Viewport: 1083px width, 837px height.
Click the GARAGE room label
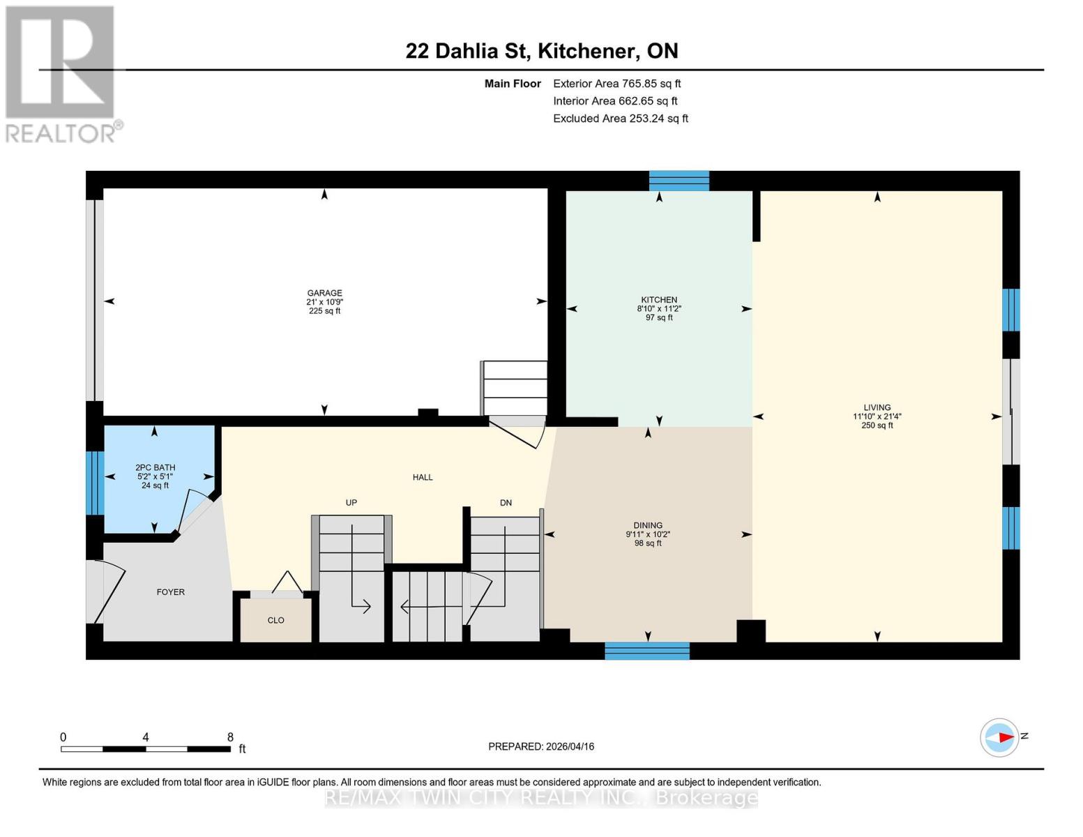tap(324, 294)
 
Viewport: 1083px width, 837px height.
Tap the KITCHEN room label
tap(659, 300)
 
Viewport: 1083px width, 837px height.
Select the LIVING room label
tap(877, 407)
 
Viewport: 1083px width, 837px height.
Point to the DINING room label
tap(648, 525)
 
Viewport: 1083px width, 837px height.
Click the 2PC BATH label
tap(155, 468)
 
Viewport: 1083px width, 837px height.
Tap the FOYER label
tap(170, 592)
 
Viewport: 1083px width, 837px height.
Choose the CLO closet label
tap(275, 620)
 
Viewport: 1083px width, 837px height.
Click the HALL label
tap(423, 477)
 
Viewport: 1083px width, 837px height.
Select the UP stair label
tap(351, 502)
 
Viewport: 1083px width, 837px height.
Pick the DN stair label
tap(506, 502)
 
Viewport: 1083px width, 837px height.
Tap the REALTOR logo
tap(61, 73)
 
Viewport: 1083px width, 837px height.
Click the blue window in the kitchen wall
tap(679, 181)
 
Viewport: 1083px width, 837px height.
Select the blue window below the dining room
tap(646, 651)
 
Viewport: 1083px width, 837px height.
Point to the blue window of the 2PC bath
tap(94, 483)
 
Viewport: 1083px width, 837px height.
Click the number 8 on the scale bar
tap(230, 737)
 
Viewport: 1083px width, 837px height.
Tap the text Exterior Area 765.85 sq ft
tap(616, 83)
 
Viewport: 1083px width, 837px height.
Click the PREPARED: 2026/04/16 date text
tap(541, 746)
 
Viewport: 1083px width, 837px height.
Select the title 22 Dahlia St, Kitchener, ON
tap(542, 51)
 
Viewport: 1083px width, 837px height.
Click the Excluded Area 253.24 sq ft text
tap(620, 119)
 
